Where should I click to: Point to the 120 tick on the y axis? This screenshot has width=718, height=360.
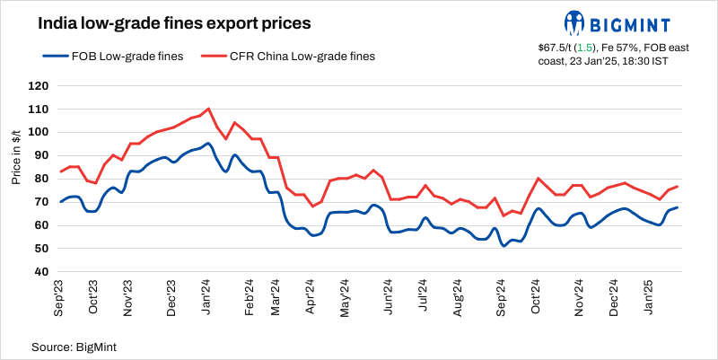[x=39, y=86]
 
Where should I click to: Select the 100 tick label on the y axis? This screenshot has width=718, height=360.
[x=39, y=133]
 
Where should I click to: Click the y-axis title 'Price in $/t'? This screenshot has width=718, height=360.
[x=17, y=155]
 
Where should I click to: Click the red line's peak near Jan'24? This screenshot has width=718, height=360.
[x=208, y=109]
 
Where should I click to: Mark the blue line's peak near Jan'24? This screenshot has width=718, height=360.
[x=208, y=143]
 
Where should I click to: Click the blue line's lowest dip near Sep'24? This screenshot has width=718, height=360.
[x=503, y=245]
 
